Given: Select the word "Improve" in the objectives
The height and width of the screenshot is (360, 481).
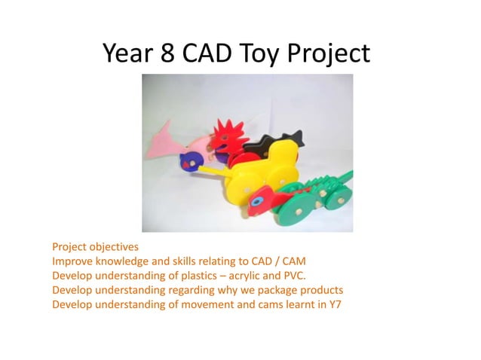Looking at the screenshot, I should [x=72, y=261].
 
